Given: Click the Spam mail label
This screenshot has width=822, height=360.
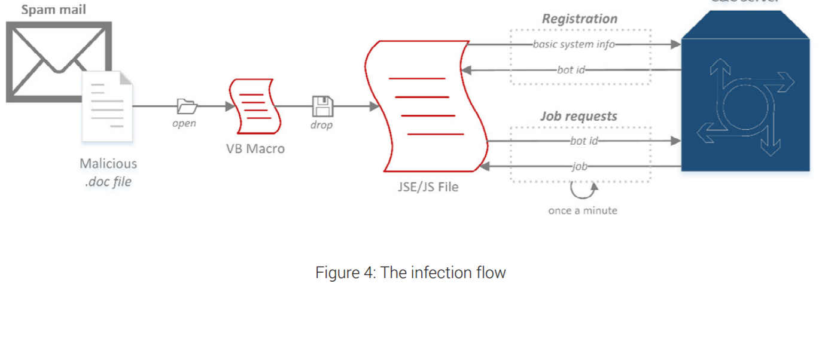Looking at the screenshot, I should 54,10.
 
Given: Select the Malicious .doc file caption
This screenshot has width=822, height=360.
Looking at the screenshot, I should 108,172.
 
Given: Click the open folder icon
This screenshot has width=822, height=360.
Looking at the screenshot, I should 187,106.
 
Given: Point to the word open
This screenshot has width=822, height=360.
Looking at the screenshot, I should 184,124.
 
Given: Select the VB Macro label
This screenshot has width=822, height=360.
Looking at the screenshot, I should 255,149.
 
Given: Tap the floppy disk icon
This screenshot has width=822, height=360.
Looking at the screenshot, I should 322,106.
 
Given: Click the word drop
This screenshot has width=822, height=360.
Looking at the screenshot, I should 321,125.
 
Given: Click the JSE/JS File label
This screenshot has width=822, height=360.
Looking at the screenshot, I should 428,187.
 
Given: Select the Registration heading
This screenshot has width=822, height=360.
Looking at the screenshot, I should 579,19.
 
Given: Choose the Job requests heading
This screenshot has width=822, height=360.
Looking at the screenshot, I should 579,116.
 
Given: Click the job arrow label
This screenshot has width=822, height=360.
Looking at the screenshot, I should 579,166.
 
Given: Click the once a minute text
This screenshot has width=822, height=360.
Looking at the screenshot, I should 582,210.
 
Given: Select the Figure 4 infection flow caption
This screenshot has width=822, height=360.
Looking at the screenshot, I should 410,273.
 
